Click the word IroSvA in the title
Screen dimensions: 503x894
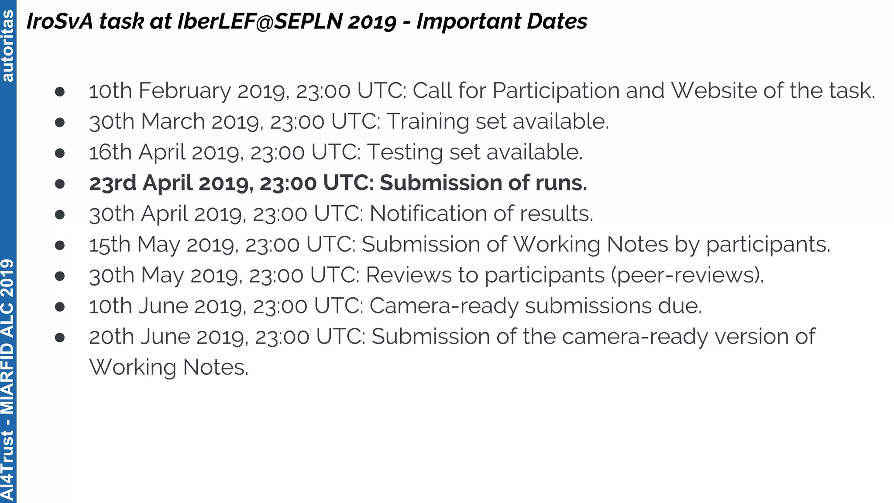[x=60, y=21]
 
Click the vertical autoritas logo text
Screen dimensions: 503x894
[x=8, y=45]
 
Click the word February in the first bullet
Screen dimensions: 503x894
[x=185, y=91]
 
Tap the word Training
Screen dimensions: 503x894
[x=428, y=121]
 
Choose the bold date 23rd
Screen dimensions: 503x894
[x=113, y=183]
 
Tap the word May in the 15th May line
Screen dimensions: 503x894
[x=158, y=245]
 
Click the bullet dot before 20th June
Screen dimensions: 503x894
[x=60, y=337]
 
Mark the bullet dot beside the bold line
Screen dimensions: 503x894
[x=60, y=183]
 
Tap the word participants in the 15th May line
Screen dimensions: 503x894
[x=768, y=245]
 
